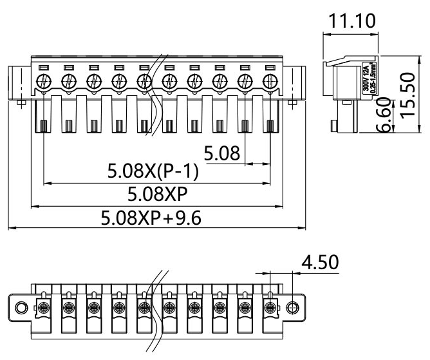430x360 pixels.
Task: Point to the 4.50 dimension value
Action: pos(322,263)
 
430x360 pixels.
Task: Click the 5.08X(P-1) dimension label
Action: pos(153,173)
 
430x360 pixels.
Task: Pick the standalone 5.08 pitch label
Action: pos(221,154)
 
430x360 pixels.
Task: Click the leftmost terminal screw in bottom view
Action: pos(43,307)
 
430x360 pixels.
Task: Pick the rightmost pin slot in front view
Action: pos(271,126)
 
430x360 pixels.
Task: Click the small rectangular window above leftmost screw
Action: pos(43,68)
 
